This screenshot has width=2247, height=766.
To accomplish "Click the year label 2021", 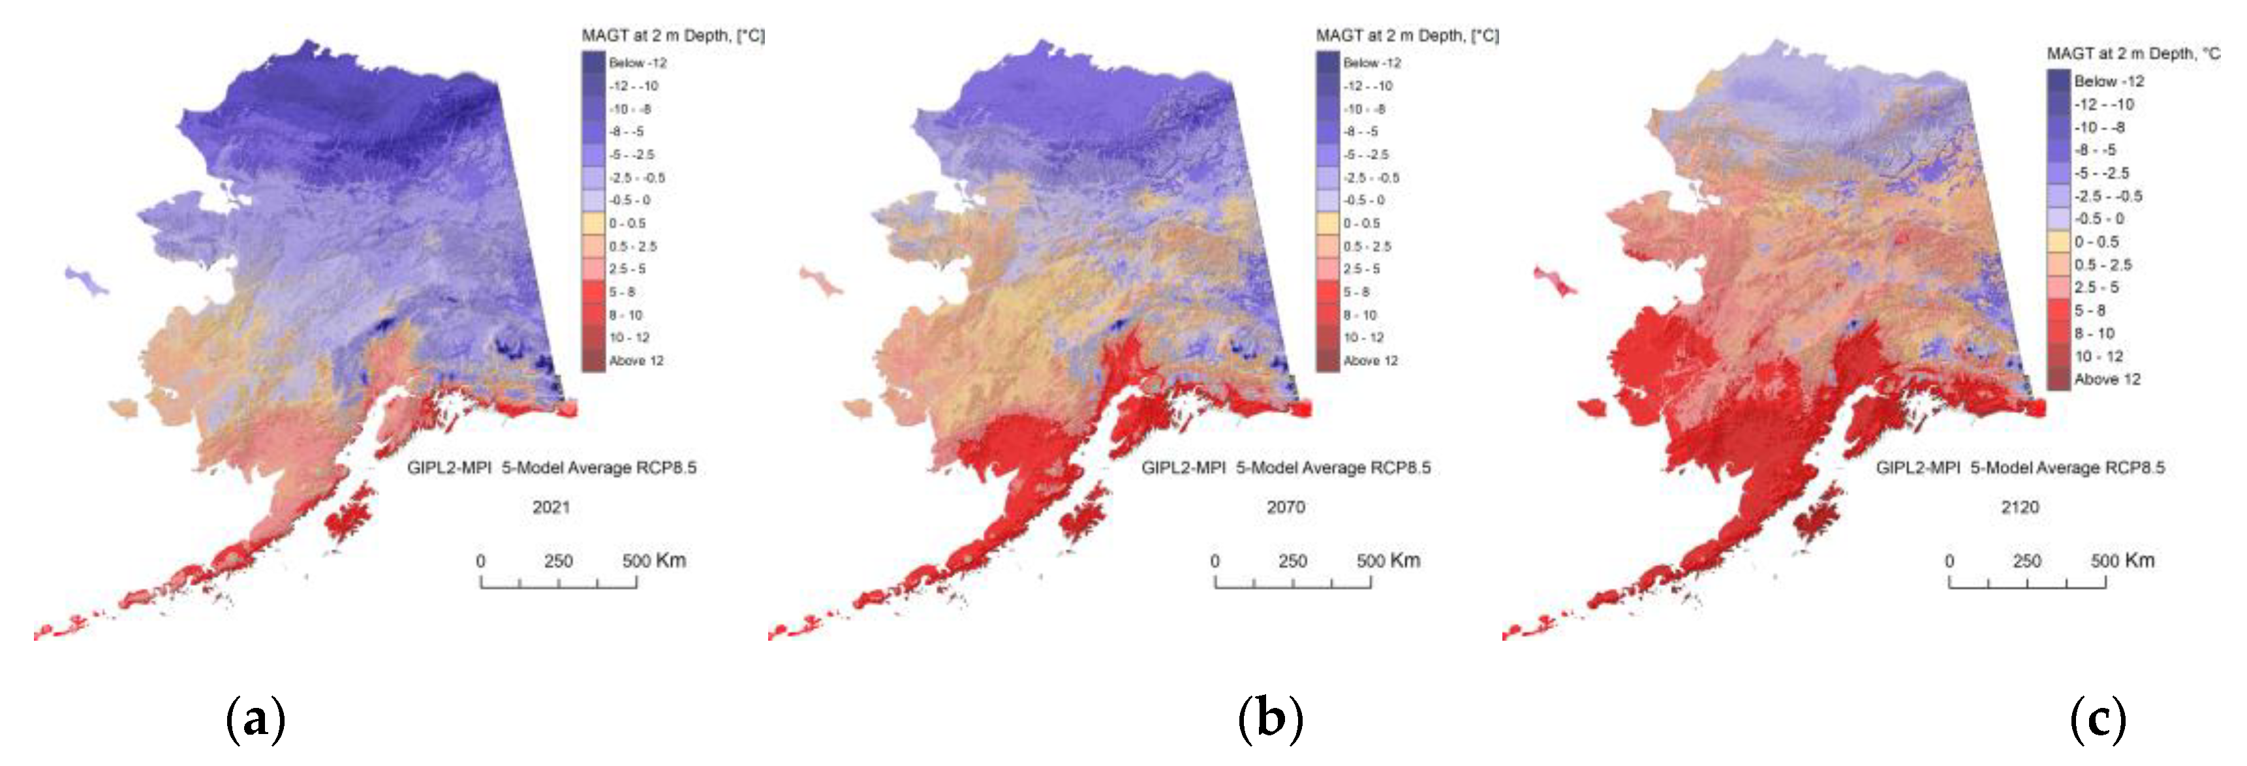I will tap(551, 507).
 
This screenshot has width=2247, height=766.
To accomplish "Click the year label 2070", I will tap(1286, 507).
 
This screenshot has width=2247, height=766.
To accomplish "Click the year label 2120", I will tap(2020, 507).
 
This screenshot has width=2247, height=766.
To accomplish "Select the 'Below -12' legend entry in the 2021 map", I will tap(637, 63).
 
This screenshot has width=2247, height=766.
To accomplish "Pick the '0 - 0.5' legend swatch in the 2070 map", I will tap(1327, 223).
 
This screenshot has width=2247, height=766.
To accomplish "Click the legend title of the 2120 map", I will tap(2133, 54).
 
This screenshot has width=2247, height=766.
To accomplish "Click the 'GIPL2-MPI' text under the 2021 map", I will tap(448, 468).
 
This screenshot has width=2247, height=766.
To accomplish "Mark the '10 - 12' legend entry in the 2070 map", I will tap(1363, 337).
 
